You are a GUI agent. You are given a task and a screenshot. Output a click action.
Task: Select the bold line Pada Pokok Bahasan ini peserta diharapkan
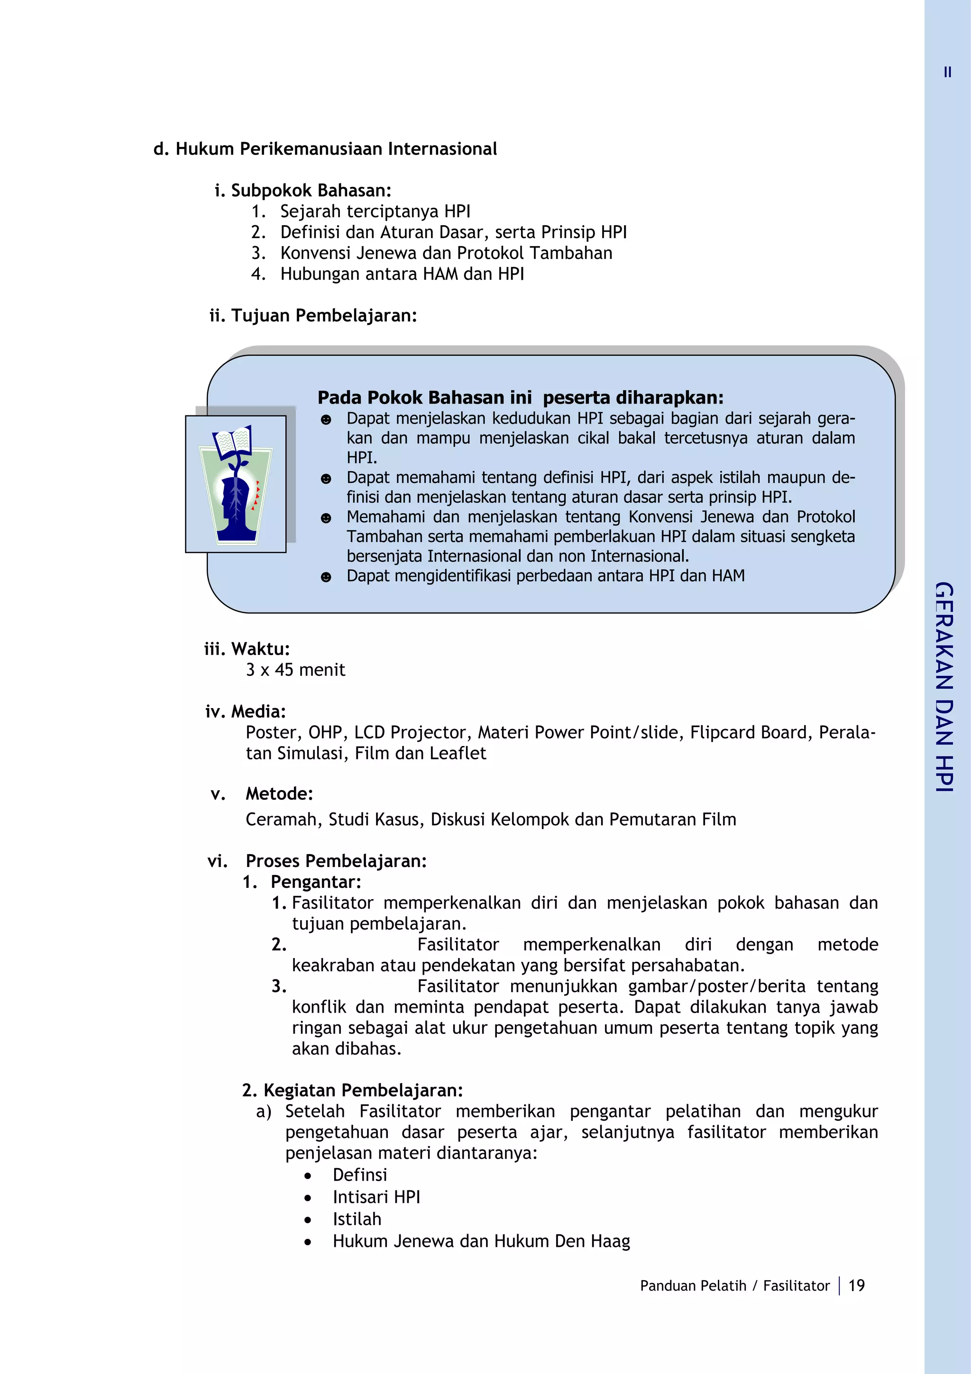pos(520,397)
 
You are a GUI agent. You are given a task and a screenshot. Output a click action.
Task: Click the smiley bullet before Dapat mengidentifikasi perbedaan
pos(325,577)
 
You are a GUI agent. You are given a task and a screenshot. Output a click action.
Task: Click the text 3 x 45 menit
pos(295,670)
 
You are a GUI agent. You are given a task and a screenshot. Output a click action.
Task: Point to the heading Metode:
pos(279,794)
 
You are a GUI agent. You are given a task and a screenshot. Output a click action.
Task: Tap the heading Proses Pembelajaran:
pos(336,861)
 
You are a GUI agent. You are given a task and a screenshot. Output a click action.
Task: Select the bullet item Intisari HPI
pos(376,1197)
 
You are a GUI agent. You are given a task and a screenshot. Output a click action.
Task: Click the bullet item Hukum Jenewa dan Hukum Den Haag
pos(481,1241)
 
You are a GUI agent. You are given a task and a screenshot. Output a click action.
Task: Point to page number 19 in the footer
pos(856,1285)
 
